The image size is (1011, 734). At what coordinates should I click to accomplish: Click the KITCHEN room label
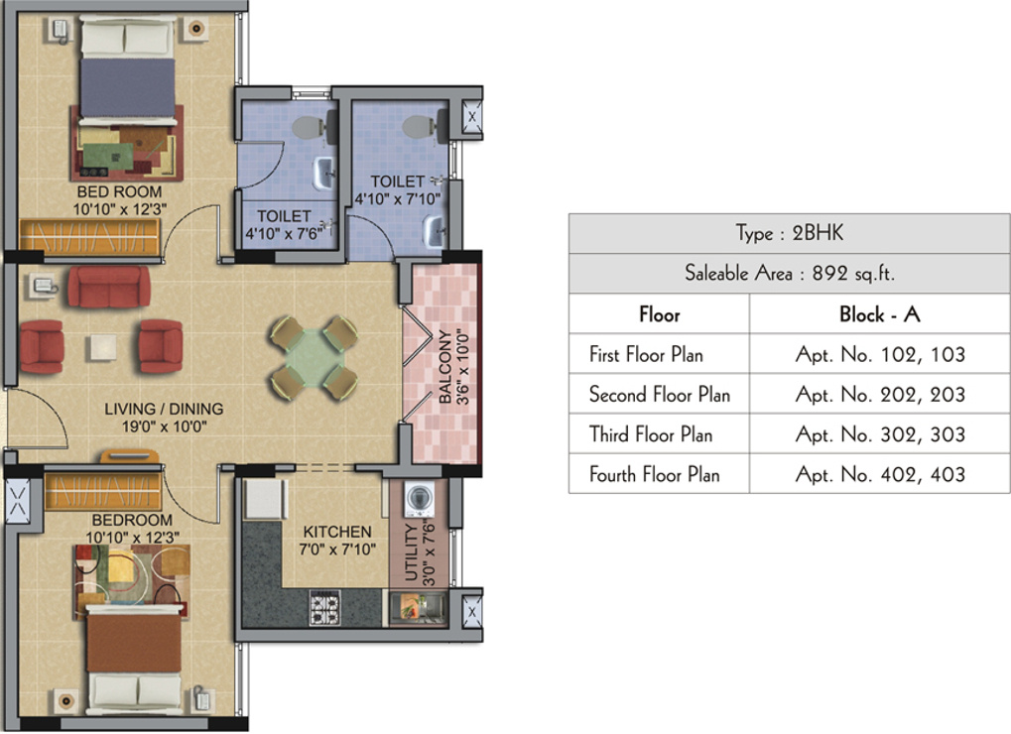coord(337,532)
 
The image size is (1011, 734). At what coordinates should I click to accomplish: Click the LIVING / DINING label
coord(165,409)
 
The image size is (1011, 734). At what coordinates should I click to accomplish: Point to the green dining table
coord(314,355)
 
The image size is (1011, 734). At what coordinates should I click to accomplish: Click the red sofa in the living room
coord(108,287)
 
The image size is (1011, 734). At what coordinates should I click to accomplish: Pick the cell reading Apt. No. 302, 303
coord(880,434)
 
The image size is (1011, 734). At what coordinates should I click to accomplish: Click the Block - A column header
coord(880,314)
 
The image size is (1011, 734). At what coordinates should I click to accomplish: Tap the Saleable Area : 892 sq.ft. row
coord(789,274)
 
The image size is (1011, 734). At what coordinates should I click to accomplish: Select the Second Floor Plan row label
coord(659,395)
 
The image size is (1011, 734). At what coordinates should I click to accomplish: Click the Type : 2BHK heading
coord(789,234)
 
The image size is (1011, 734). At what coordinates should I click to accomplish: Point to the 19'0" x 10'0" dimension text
coord(165,427)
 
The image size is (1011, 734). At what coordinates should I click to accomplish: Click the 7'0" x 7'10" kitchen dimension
coord(337,549)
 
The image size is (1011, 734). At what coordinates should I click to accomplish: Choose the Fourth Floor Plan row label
coord(654,474)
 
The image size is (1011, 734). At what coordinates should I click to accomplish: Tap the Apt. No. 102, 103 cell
coord(880,354)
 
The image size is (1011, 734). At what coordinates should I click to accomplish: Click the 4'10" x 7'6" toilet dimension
coord(285,233)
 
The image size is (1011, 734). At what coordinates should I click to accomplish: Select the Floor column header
coord(659,314)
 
